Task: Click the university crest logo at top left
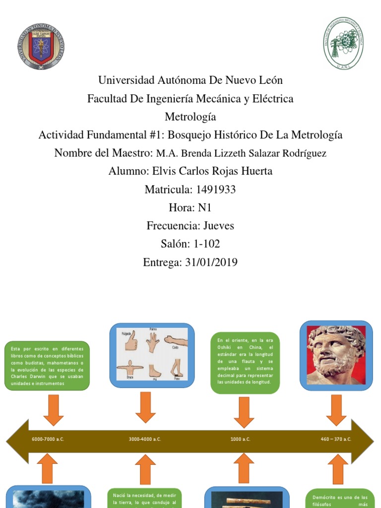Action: tap(41, 46)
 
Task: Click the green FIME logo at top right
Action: tap(343, 43)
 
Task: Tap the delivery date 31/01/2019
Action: tap(210, 262)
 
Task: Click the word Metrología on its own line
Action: tap(190, 117)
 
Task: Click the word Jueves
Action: tap(219, 226)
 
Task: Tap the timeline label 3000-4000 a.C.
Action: tap(145, 440)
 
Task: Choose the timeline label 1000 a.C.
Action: tap(240, 440)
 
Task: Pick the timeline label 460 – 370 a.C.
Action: tap(335, 440)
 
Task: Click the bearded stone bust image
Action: tap(336, 355)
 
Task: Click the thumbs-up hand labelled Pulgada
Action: tap(130, 341)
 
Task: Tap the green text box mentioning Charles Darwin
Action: tap(48, 365)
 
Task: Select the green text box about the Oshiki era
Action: tap(245, 362)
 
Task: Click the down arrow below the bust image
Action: tap(336, 409)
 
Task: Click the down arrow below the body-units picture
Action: tap(145, 407)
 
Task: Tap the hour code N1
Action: tap(205, 208)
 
